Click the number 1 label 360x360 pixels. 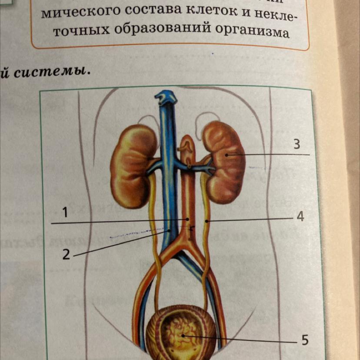click(x=65, y=213)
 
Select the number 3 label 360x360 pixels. click(x=297, y=144)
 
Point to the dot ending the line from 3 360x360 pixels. click(x=227, y=154)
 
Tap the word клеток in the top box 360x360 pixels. click(x=208, y=16)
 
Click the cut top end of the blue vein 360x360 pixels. click(x=166, y=97)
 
